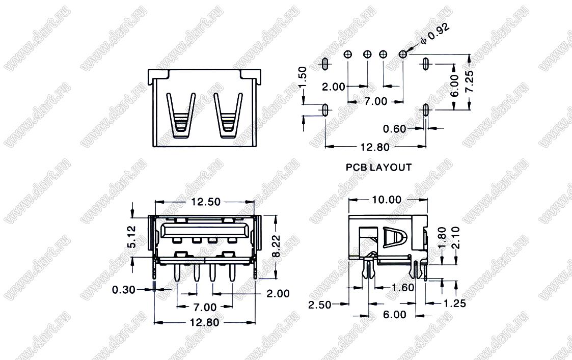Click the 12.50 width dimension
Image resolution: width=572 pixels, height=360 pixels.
coord(206,202)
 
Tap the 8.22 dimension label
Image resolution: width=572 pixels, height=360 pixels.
coord(276,246)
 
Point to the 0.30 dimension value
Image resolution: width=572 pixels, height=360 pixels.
coord(124,290)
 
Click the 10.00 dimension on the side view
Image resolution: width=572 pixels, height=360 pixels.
coord(386,200)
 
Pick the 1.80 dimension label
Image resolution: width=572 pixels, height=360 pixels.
coord(442,237)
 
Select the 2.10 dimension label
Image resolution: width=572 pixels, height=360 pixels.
coord(455,237)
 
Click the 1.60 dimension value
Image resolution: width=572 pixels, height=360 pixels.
coord(403,287)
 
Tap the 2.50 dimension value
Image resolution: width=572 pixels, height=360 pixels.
coord(320,304)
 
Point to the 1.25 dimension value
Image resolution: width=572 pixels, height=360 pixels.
coord(454,303)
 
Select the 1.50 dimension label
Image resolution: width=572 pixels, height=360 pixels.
coord(303,77)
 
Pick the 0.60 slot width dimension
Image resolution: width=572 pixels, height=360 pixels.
coord(394,129)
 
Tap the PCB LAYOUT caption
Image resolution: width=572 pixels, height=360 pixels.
coord(378,168)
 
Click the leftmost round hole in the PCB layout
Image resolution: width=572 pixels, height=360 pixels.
coord(348,54)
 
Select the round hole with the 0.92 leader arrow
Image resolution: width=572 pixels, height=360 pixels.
coord(403,54)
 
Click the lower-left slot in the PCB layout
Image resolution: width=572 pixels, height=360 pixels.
coord(325,109)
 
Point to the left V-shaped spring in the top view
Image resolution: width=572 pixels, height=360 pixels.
coord(181,116)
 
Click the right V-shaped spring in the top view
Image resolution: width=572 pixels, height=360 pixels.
coord(228,116)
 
